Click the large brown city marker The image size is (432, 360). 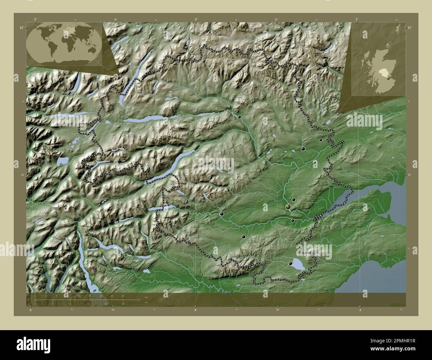pos(288,207)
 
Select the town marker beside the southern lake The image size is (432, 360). pos(291,263)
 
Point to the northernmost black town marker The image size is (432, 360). pos(239,117)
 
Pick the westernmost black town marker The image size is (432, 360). pos(222,214)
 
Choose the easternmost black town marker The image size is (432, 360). pos(321,140)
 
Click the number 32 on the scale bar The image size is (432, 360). pos(123,296)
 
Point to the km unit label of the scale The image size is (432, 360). pos(146,297)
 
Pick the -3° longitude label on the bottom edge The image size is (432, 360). pos(359,310)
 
